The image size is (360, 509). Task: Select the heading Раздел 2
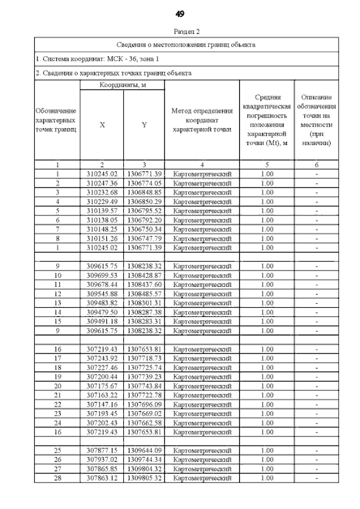[x=180, y=32]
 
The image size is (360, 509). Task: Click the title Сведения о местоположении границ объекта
[x=186, y=44]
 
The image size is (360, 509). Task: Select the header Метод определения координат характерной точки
[x=202, y=121]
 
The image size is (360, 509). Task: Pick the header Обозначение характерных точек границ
[x=56, y=120]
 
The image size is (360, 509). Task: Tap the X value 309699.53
[x=102, y=275]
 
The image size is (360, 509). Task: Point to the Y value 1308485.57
[x=145, y=293]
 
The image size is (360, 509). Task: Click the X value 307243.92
[x=102, y=358]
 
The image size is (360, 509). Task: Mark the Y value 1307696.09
[x=145, y=404]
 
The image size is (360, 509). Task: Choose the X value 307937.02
[x=102, y=459]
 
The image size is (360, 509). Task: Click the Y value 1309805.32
[x=145, y=478]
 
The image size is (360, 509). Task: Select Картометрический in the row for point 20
[x=202, y=385]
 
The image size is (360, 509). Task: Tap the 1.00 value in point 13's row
[x=267, y=303]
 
